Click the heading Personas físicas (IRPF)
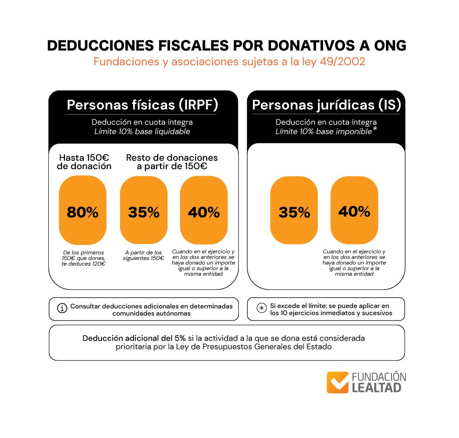pos(142,105)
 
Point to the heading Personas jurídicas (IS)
pos(326,105)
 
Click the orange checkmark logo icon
pos(337,382)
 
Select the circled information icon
pos(61,308)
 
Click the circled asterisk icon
pos(261,308)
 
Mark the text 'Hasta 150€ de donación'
pos(84,162)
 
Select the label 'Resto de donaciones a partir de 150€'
pos(172,162)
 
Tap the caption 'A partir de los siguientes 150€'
pos(143,255)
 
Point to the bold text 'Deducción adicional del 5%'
pos(134,338)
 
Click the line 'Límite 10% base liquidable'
pos(142,131)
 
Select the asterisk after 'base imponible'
pos(375,129)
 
